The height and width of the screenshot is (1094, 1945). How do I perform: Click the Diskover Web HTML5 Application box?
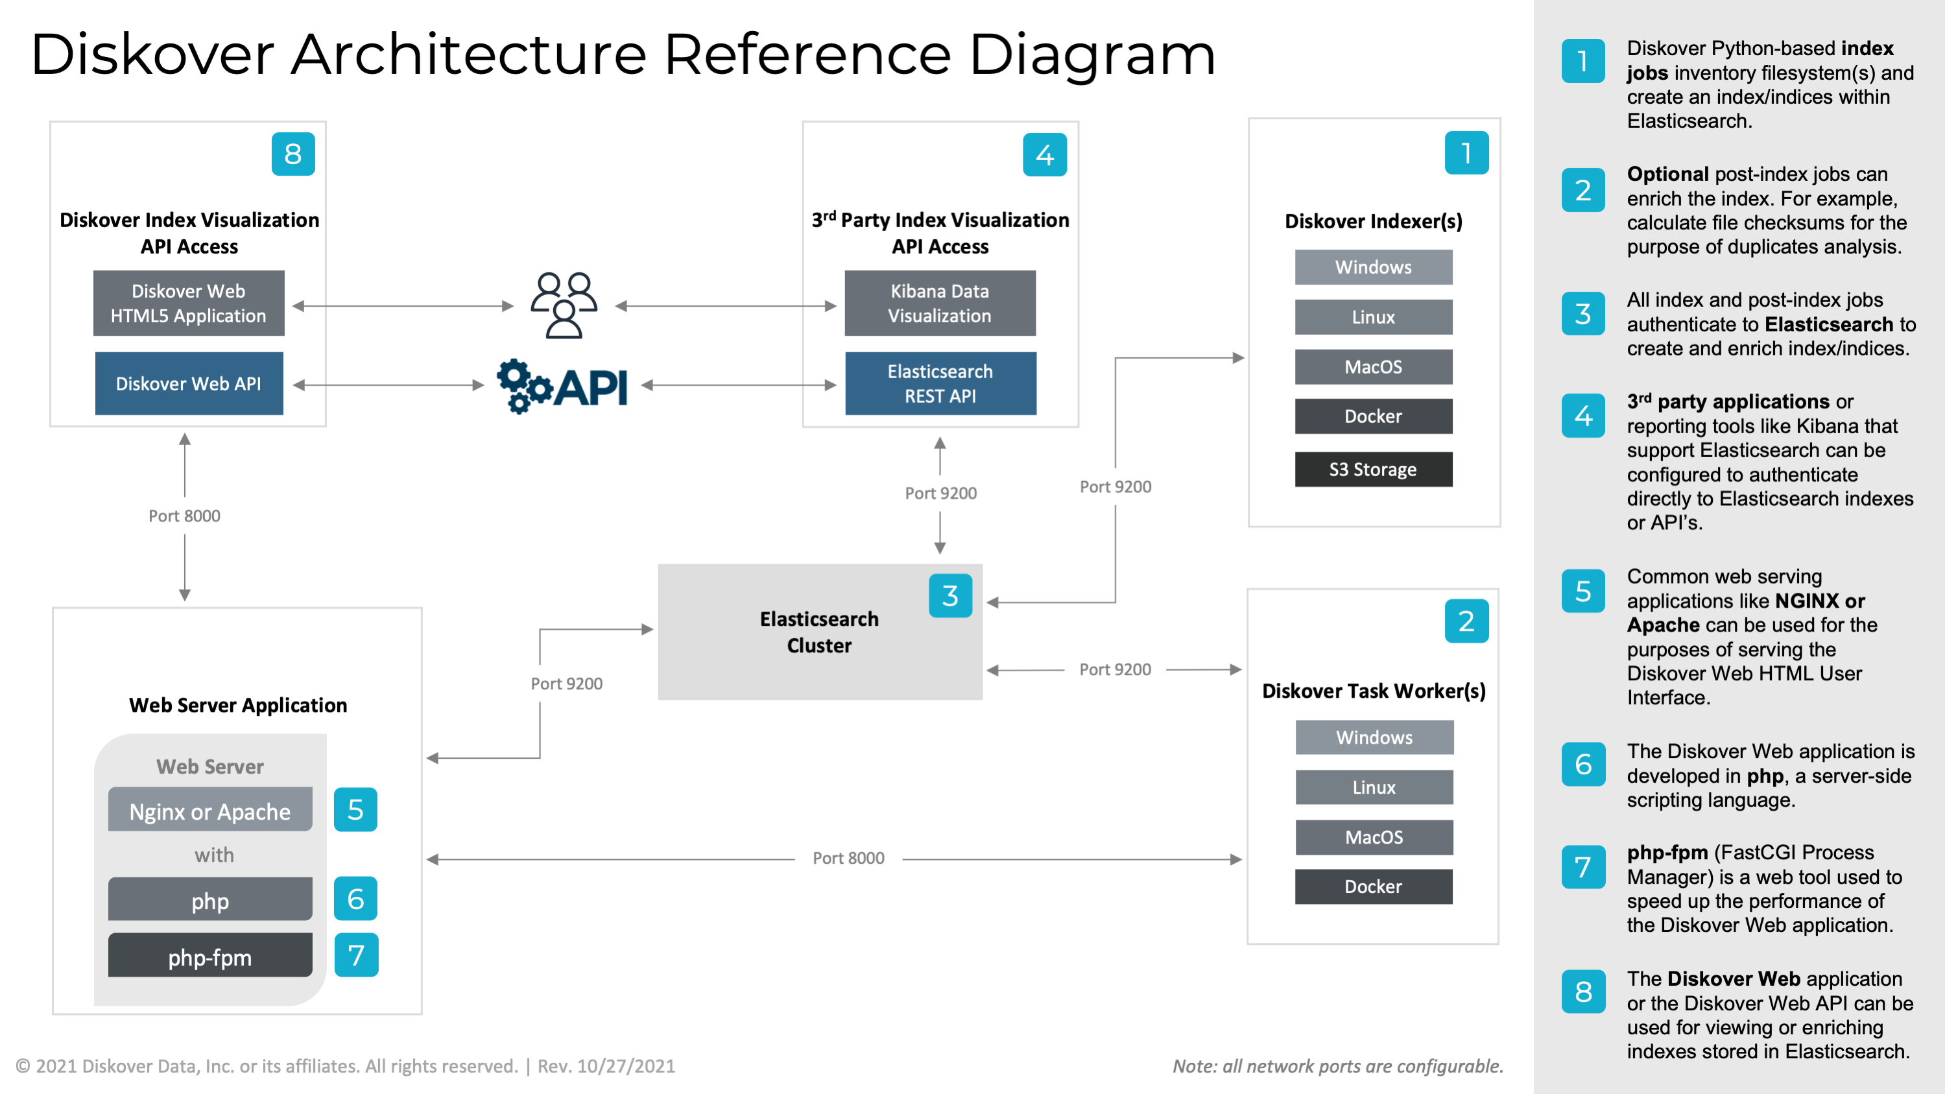(x=189, y=303)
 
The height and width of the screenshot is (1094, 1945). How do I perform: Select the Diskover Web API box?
(x=189, y=383)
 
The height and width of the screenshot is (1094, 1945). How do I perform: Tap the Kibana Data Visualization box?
(x=940, y=303)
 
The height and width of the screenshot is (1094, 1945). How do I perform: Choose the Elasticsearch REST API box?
(x=941, y=383)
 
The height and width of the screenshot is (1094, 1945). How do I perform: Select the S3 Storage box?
(x=1374, y=469)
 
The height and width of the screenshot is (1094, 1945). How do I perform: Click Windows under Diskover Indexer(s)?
(x=1374, y=267)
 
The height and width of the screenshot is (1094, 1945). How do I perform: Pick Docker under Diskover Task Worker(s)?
(x=1374, y=886)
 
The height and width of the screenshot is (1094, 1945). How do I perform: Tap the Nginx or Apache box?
(x=210, y=810)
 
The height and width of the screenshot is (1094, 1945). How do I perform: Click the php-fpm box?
(x=210, y=956)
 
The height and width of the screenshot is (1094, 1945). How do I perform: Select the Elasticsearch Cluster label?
(x=819, y=632)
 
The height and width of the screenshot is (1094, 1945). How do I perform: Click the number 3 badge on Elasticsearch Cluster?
(x=951, y=596)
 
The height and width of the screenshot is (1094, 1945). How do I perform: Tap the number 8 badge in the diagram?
(x=293, y=154)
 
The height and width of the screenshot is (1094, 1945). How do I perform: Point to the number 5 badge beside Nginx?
(x=355, y=809)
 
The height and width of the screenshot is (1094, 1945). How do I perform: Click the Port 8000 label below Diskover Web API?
(x=184, y=516)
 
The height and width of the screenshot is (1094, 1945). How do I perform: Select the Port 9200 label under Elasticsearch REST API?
(x=941, y=493)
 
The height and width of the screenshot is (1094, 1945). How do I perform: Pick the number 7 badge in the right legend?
(x=1583, y=867)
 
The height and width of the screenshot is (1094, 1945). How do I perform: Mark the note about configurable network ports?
(x=1338, y=1066)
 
